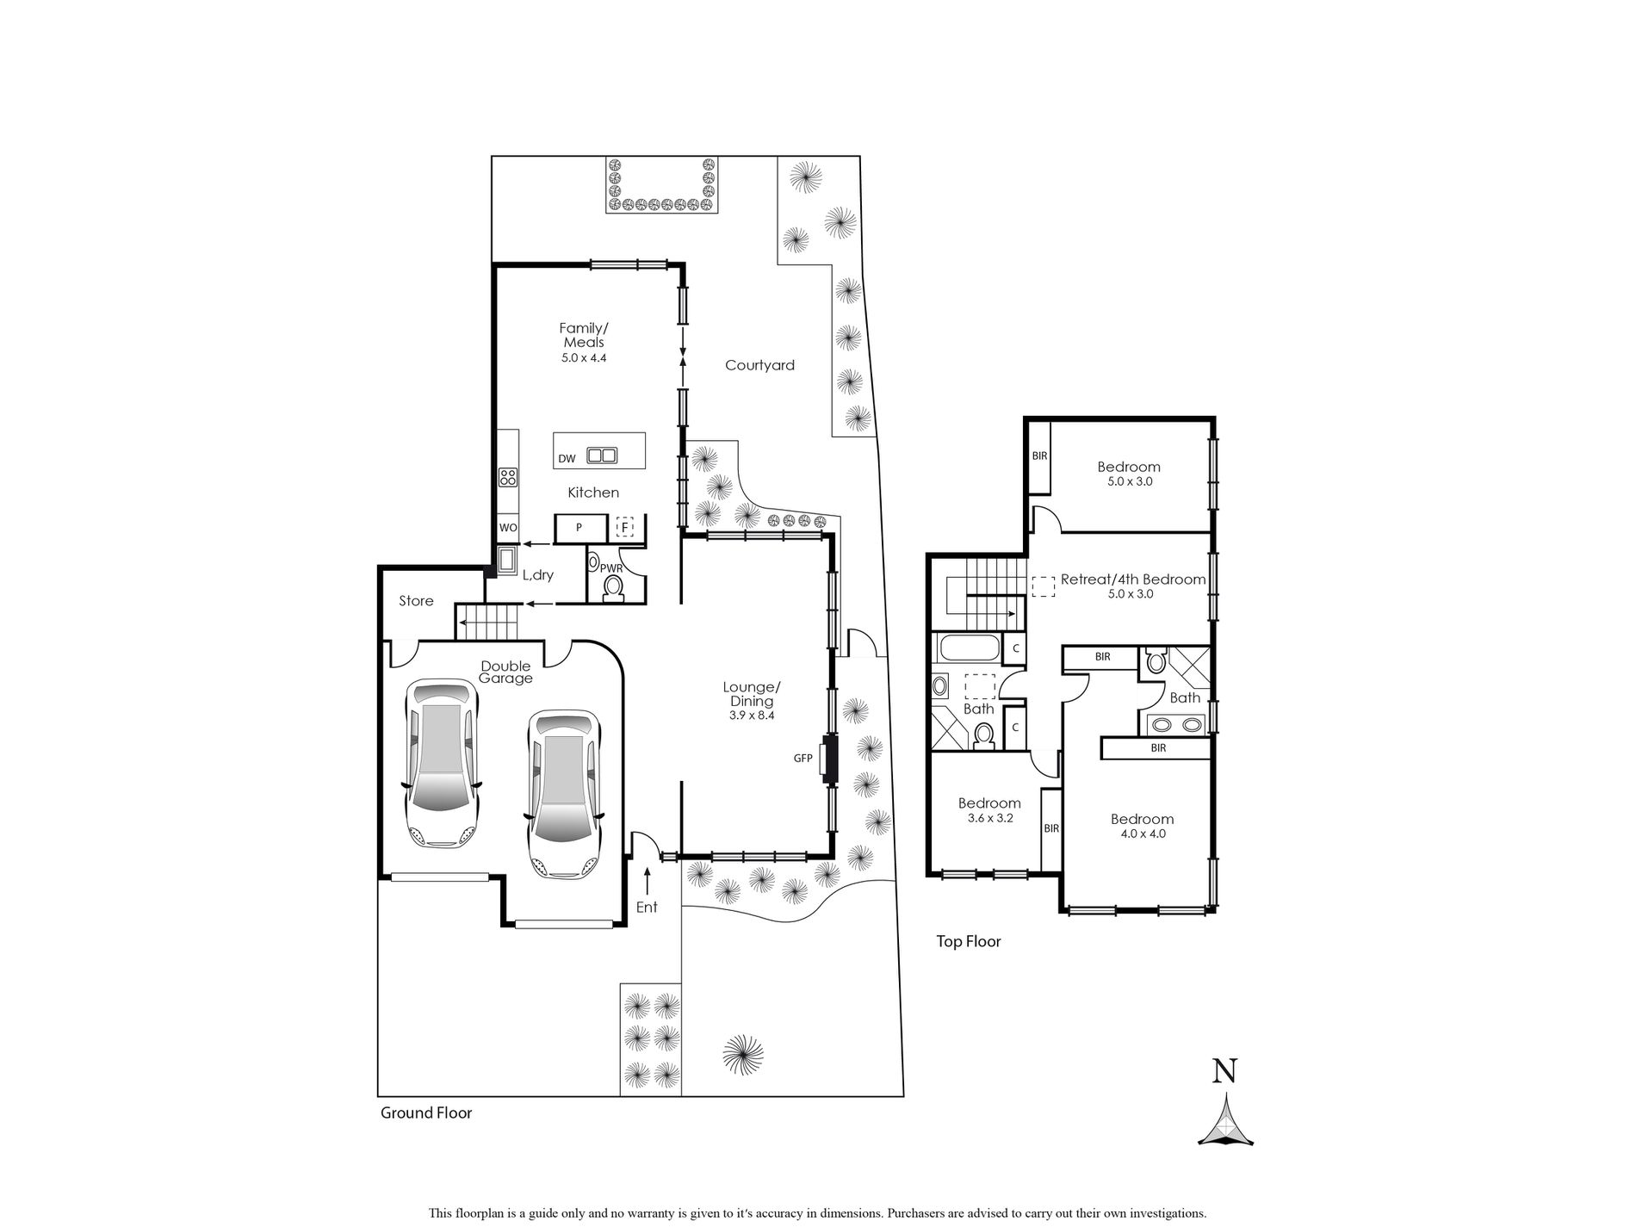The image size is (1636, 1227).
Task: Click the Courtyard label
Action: click(x=759, y=365)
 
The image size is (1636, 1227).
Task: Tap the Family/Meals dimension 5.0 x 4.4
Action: click(x=584, y=357)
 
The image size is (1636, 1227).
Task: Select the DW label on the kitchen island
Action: click(x=566, y=459)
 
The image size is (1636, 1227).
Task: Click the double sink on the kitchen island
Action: click(x=602, y=455)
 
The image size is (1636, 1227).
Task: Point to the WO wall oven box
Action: click(x=507, y=528)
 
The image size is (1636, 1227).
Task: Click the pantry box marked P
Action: click(x=579, y=528)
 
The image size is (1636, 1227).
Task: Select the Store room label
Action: click(x=416, y=601)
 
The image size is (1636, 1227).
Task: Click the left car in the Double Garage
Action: click(x=441, y=763)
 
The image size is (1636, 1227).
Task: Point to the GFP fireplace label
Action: click(x=803, y=759)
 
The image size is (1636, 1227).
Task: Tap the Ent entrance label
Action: click(x=646, y=907)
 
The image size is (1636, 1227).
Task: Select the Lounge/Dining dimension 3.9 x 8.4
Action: click(x=751, y=715)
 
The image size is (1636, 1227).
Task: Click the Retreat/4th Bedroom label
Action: click(x=1132, y=579)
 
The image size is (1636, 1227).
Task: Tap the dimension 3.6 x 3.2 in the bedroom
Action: click(x=989, y=818)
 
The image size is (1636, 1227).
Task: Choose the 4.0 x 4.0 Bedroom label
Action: click(x=1142, y=819)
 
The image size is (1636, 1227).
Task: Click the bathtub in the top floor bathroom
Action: click(x=969, y=647)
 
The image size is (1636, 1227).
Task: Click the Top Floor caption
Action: click(x=969, y=942)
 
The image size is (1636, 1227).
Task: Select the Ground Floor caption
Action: click(x=426, y=1112)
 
